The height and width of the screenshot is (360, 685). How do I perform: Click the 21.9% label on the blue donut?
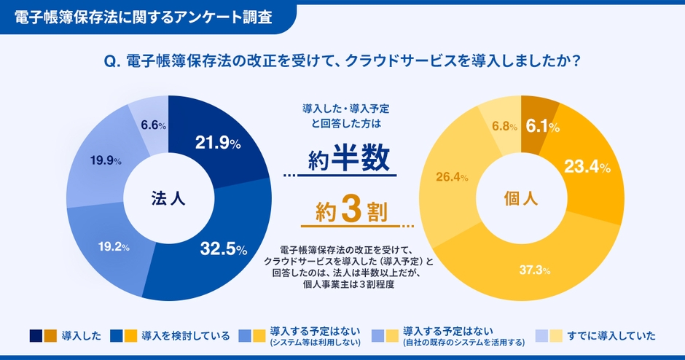[x=218, y=144]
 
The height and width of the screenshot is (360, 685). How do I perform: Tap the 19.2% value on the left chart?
[x=114, y=246]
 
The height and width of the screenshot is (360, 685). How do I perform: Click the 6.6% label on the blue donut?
[x=153, y=125]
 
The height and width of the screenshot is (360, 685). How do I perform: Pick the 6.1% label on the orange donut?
[x=541, y=126]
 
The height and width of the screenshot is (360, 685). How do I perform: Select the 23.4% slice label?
[x=587, y=167]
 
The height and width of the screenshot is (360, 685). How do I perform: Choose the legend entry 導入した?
[x=82, y=336]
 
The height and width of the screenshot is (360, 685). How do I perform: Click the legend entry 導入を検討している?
[x=186, y=336]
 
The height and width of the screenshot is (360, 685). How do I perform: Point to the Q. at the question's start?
[x=112, y=63]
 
